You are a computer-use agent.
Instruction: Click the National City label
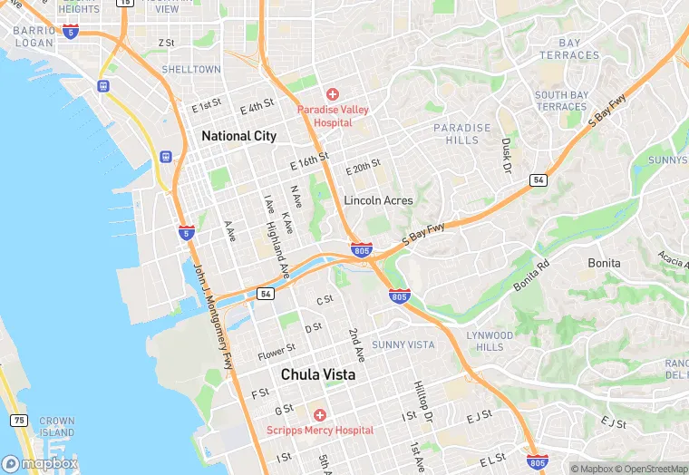pos(238,136)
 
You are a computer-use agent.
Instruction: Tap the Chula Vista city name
pos(317,374)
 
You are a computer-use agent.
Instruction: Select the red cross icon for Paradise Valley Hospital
pos(333,94)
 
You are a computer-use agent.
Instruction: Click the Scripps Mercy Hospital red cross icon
pos(319,414)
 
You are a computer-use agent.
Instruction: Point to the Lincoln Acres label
pos(378,200)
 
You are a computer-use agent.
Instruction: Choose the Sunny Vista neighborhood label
pos(403,344)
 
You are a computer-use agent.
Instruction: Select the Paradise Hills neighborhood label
pos(461,134)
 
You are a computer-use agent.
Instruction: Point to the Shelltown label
pos(191,70)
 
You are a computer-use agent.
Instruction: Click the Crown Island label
pos(57,427)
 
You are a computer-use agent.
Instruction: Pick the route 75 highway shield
pos(19,421)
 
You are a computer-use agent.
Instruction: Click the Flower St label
pos(277,350)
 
